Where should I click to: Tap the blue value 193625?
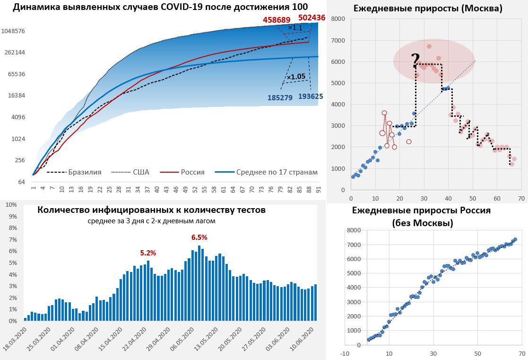coord(311,96)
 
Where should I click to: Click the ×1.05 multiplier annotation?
coord(296,77)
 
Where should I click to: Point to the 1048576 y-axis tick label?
coord(13,31)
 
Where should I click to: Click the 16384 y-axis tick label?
coord(17,96)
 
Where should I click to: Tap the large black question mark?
coord(415,61)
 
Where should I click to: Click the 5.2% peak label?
coord(148,253)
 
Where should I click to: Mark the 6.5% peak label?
coord(199,237)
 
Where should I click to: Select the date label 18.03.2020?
coord(17,339)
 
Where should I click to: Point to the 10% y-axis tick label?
coord(11,205)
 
